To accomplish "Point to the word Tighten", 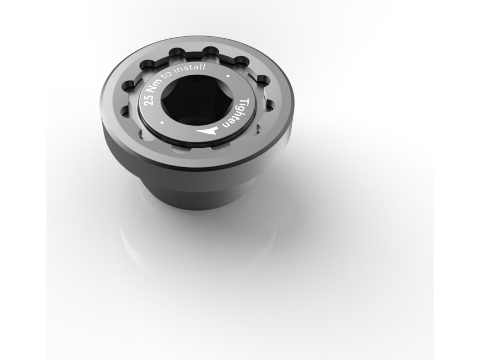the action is click(x=237, y=114).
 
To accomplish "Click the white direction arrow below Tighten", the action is click(x=206, y=131).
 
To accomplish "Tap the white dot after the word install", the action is click(x=228, y=76).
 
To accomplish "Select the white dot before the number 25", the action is click(x=162, y=123).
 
